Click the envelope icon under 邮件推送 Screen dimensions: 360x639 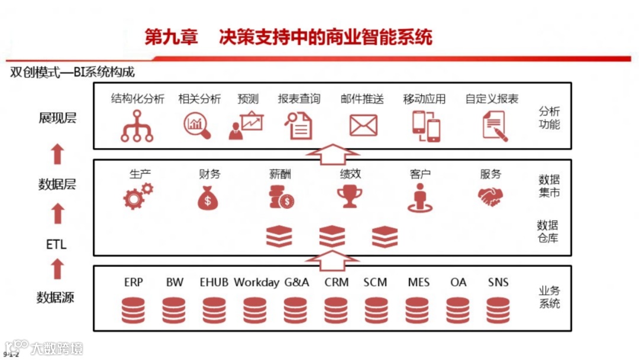363,126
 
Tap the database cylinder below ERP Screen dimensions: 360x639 133,310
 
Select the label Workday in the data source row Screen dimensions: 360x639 256,282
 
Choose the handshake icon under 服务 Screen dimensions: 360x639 490,197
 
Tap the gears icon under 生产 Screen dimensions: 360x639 138,197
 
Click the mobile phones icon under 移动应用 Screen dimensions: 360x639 426,126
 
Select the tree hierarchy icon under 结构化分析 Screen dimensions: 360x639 137,126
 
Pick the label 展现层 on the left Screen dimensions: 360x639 57,118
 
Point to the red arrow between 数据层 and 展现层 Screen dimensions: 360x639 57,154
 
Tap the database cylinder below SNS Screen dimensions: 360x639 498,310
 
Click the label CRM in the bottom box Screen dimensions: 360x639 337,282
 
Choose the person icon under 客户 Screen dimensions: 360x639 420,197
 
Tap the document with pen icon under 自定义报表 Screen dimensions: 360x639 495,126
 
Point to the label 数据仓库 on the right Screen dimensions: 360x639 548,232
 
